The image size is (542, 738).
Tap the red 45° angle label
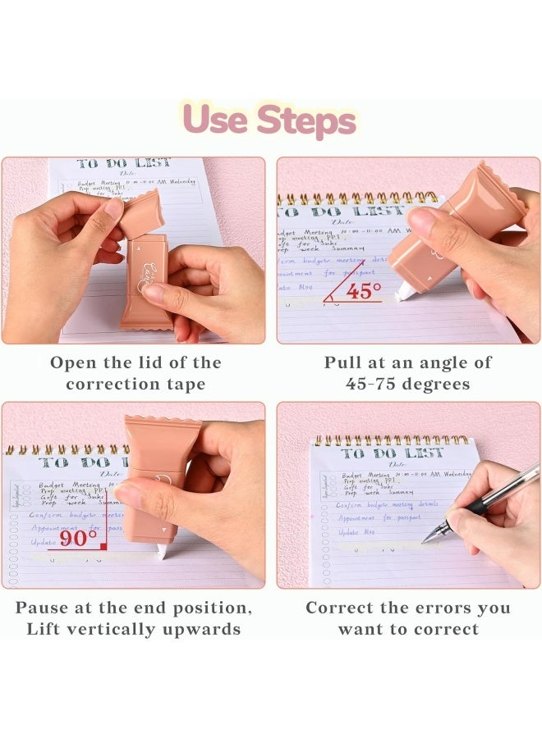click(x=362, y=290)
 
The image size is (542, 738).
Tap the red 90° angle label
click(x=79, y=539)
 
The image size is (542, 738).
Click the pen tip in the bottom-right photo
click(x=425, y=540)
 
